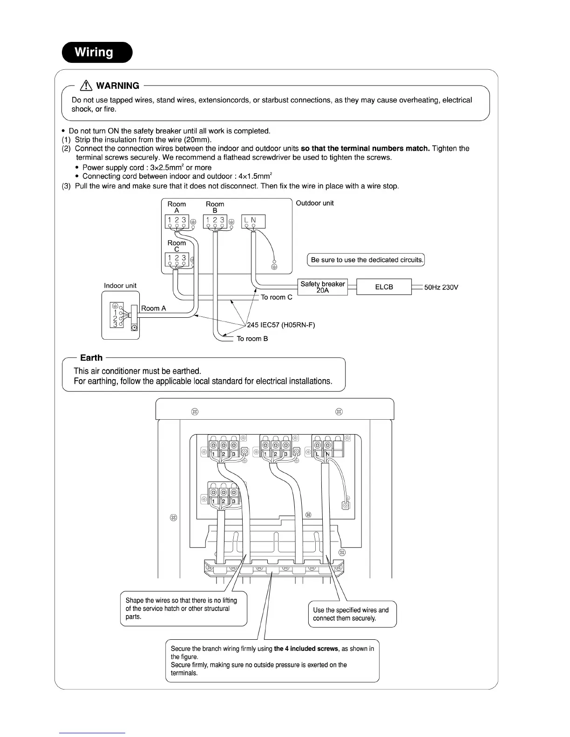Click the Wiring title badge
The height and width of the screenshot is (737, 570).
tap(97, 52)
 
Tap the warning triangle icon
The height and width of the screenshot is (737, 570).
tap(86, 86)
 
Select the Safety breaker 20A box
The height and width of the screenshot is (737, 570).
tap(322, 287)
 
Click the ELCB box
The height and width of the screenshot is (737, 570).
tap(384, 287)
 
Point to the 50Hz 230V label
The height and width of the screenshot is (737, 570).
tap(441, 288)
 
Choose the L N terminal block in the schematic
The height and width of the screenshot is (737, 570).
tap(253, 221)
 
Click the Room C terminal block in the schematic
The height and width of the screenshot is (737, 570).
tap(177, 260)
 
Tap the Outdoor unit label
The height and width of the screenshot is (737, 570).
tap(315, 203)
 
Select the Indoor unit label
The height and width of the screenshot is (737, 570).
tap(120, 286)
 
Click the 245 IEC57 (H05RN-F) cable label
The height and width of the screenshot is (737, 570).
tap(281, 325)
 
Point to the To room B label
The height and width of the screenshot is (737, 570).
tap(252, 339)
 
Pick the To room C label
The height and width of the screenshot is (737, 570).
tap(277, 297)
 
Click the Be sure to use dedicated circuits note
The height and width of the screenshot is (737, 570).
tap(366, 260)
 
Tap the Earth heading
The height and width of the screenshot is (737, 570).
tap(91, 358)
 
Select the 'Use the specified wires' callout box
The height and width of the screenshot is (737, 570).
tap(352, 614)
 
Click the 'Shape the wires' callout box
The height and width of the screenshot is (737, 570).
tap(183, 609)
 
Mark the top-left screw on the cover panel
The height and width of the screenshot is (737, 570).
tap(195, 412)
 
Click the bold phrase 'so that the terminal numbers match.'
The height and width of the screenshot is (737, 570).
tap(365, 148)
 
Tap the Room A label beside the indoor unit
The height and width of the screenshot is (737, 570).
tap(153, 308)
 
